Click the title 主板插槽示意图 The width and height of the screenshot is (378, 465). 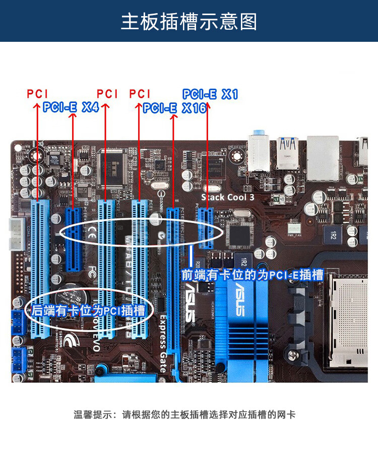(189, 22)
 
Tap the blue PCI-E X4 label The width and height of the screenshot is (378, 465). (71, 107)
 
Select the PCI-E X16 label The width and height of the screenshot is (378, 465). (174, 108)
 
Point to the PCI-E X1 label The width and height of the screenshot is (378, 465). (210, 94)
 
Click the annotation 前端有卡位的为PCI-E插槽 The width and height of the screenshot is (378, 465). (252, 275)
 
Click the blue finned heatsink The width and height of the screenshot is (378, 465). (242, 322)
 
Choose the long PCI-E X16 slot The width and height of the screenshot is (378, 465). (174, 282)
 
